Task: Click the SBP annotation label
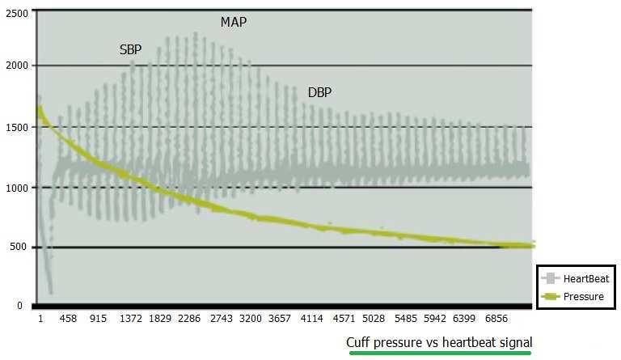(130, 49)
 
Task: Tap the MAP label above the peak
(234, 22)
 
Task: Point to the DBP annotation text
(320, 93)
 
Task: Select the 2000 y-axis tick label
(15, 66)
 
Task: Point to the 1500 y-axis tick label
(15, 127)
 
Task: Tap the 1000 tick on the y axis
(15, 188)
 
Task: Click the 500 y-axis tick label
(19, 248)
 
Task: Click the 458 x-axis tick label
(69, 320)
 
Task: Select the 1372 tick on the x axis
(131, 320)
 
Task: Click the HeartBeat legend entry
(576, 278)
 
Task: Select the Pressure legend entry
(576, 297)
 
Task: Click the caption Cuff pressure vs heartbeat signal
(439, 342)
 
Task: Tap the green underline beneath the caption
(439, 353)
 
